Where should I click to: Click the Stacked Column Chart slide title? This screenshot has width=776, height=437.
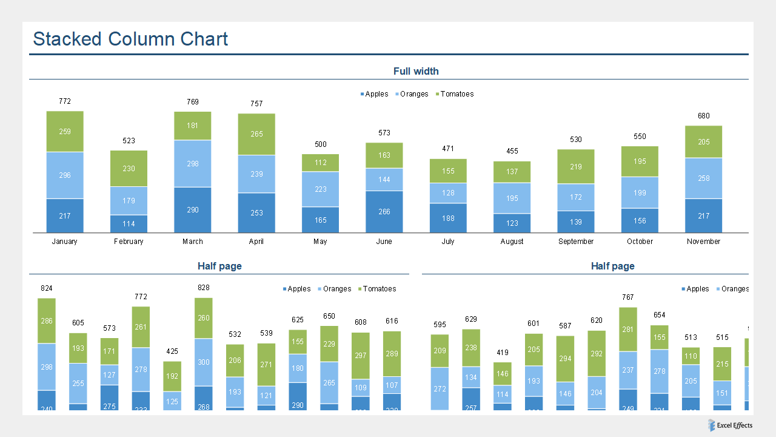coord(130,39)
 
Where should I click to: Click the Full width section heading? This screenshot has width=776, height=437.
coord(416,71)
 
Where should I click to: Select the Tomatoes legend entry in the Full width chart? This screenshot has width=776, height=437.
coord(457,94)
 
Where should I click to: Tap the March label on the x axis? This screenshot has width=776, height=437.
coord(193,242)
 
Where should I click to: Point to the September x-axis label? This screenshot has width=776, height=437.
coord(576,242)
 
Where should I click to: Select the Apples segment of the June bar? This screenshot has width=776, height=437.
coord(384,212)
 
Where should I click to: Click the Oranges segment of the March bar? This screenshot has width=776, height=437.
coord(193,163)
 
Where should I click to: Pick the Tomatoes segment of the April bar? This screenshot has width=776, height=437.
coord(256,134)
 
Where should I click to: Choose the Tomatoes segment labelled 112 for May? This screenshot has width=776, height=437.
coord(321,163)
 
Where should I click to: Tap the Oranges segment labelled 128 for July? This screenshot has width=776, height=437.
coord(448,193)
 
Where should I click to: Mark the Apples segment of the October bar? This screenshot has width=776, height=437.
coord(640,221)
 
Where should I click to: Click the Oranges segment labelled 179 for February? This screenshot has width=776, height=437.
coord(129,200)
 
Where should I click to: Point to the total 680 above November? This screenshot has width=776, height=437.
coord(703,116)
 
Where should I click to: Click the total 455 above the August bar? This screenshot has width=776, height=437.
coord(512,151)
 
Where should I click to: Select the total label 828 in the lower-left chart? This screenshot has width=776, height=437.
coord(204,288)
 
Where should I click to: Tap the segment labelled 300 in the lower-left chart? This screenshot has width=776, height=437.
coord(204,362)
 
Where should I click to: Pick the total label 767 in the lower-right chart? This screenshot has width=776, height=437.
coord(628,297)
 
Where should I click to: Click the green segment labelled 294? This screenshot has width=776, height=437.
coord(565,359)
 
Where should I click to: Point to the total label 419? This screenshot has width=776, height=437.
coord(503,353)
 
